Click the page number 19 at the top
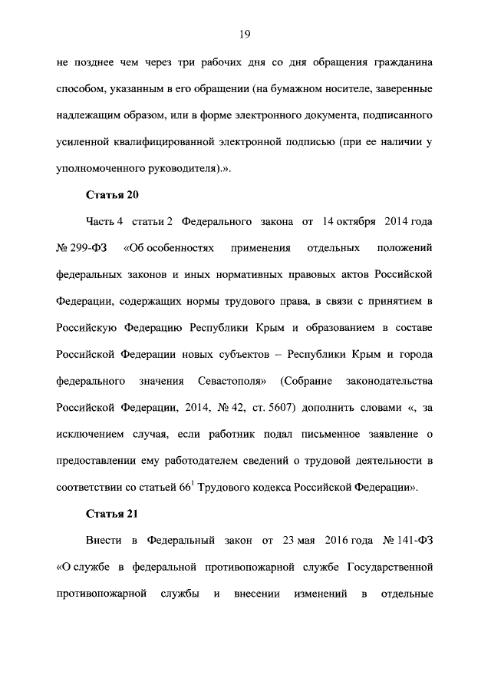coord(245,34)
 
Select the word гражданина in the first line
coord(398,62)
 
